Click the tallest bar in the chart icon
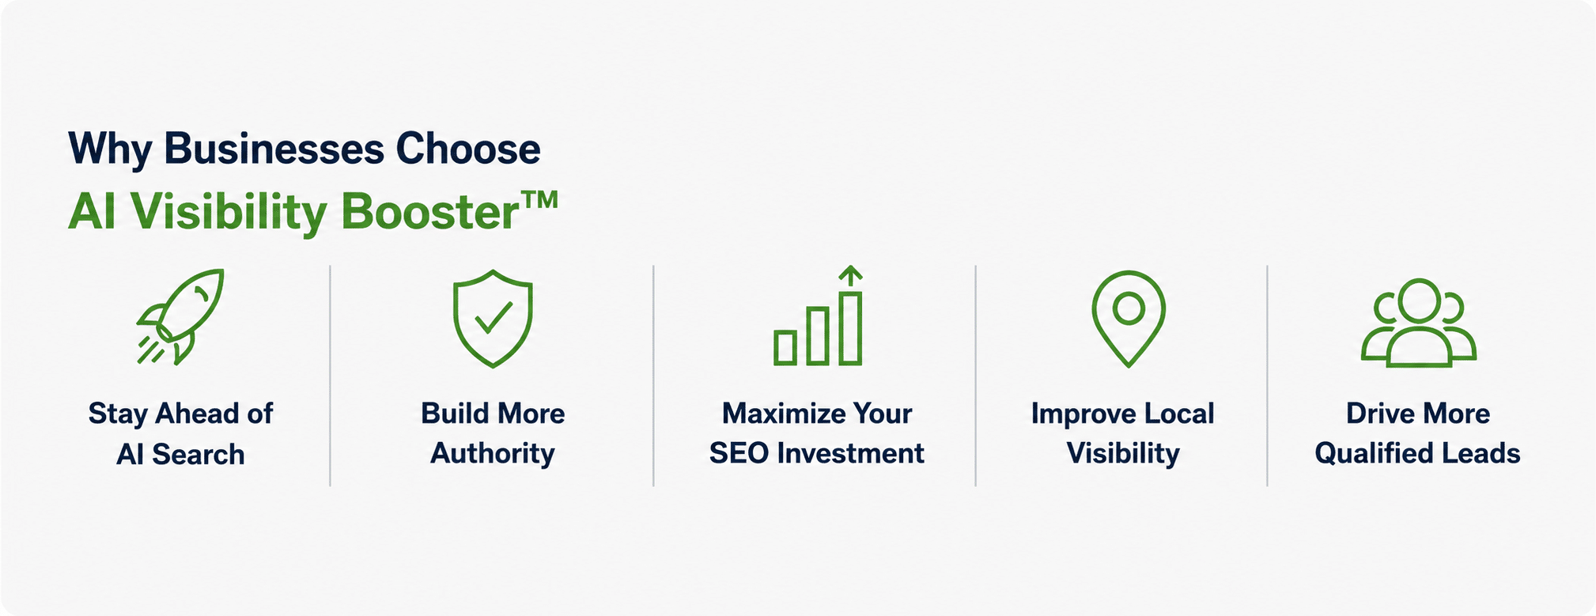850,328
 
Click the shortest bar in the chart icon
785,348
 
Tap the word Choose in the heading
468,149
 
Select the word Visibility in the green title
229,214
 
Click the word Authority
493,454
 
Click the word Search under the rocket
199,455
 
